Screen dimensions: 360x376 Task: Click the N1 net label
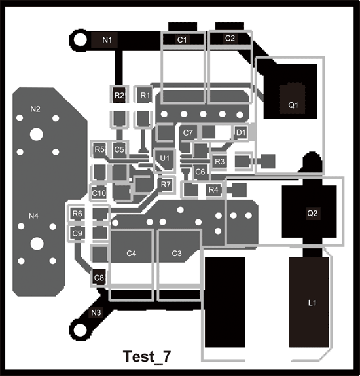point(107,40)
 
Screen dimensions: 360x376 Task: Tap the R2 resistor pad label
point(119,96)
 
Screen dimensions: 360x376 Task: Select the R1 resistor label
point(145,96)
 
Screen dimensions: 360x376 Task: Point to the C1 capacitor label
point(182,39)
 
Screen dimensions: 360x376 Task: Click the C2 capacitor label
point(230,38)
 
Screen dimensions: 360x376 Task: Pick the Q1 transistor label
point(293,105)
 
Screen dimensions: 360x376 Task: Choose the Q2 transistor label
point(312,213)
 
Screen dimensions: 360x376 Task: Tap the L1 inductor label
point(312,303)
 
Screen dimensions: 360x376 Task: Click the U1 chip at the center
point(164,159)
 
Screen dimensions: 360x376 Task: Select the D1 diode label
point(241,132)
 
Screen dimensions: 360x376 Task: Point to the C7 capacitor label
point(188,132)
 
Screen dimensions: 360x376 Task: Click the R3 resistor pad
point(219,161)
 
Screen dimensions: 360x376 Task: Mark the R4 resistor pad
point(213,190)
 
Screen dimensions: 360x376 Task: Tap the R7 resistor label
point(166,185)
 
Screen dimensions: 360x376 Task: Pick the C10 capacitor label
point(99,193)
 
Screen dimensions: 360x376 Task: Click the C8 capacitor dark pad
point(98,278)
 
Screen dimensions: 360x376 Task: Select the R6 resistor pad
point(77,214)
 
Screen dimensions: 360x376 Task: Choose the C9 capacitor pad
point(77,233)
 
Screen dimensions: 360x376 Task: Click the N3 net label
point(96,312)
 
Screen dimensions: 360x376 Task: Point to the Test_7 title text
point(147,356)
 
